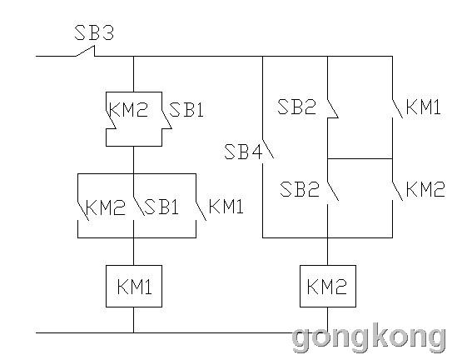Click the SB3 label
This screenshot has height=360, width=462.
pyautogui.click(x=94, y=32)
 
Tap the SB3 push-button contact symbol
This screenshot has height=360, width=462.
pyautogui.click(x=86, y=51)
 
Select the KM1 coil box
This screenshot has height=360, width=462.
pyautogui.click(x=134, y=286)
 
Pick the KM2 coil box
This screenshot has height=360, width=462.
pyautogui.click(x=328, y=286)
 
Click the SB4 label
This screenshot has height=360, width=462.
pyautogui.click(x=243, y=152)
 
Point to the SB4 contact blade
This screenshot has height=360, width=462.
pyautogui.click(x=268, y=148)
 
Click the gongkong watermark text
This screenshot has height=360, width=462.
pyautogui.click(x=369, y=337)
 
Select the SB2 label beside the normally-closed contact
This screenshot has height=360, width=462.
pyautogui.click(x=296, y=107)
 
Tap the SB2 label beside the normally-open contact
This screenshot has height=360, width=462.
pyautogui.click(x=299, y=189)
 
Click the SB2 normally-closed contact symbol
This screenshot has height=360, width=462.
pyautogui.click(x=332, y=108)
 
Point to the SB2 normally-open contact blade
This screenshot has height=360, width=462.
pyautogui.click(x=333, y=191)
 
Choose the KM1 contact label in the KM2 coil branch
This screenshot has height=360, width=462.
pyautogui.click(x=423, y=107)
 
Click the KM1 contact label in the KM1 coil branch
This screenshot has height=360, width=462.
pyautogui.click(x=226, y=207)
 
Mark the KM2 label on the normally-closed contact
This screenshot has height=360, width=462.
pyautogui.click(x=128, y=109)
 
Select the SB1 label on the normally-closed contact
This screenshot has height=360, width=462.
pyautogui.click(x=186, y=110)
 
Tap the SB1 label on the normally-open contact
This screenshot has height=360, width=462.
pyautogui.click(x=161, y=207)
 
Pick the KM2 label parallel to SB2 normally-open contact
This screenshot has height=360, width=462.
pyautogui.click(x=425, y=189)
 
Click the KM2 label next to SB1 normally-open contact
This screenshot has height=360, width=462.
pyautogui.click(x=106, y=207)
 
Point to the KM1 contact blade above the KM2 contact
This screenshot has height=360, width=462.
pyautogui.click(x=397, y=108)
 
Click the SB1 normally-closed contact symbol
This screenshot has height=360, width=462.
pyautogui.click(x=166, y=120)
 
